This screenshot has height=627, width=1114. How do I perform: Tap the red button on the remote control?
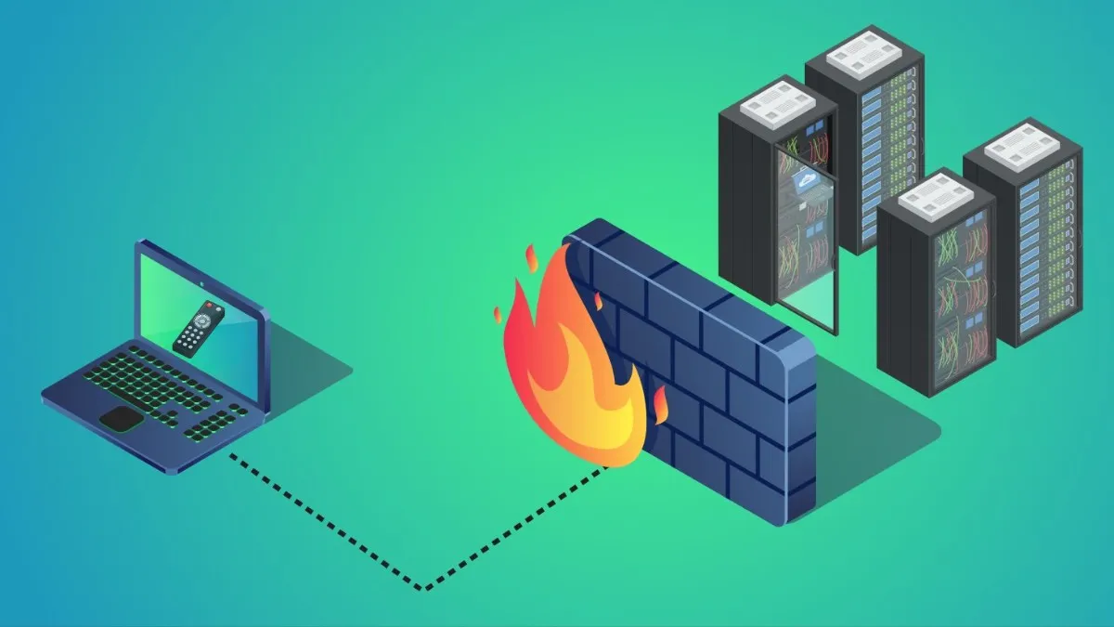coord(210,306)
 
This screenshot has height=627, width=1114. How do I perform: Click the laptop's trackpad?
coord(123,418)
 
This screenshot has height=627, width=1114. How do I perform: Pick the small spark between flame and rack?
coord(661,404)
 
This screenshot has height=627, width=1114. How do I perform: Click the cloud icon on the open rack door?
coord(804,182)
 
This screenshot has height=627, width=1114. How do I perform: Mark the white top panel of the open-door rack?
coord(778,98)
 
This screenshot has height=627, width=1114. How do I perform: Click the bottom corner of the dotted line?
coord(422,588)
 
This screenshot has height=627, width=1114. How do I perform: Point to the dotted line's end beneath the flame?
coord(608,467)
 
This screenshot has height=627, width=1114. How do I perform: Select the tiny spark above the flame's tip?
coord(531,255)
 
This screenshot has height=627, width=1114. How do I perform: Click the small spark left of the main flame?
coord(499,311)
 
